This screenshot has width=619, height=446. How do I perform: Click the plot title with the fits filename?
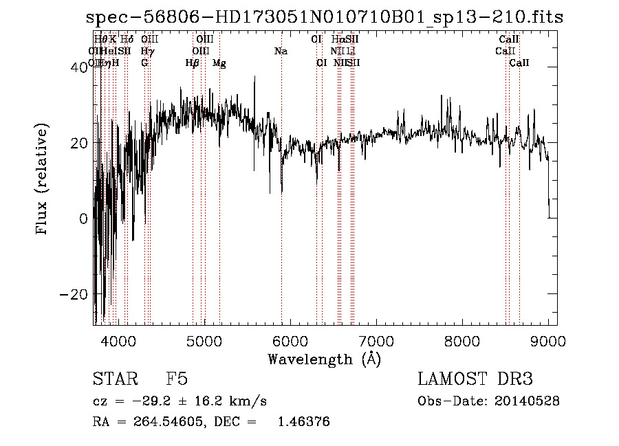[325, 17]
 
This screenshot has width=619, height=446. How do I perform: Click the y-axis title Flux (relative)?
[43, 179]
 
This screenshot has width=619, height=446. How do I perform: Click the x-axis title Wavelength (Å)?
[324, 359]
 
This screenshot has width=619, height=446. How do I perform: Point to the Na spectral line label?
[281, 52]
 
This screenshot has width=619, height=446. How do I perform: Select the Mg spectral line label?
[219, 63]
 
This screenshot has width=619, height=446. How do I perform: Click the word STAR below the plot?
[113, 379]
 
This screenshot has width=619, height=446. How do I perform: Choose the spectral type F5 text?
[177, 379]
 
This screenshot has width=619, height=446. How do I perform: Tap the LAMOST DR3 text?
[475, 379]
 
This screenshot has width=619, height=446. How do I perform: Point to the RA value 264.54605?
[158, 422]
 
